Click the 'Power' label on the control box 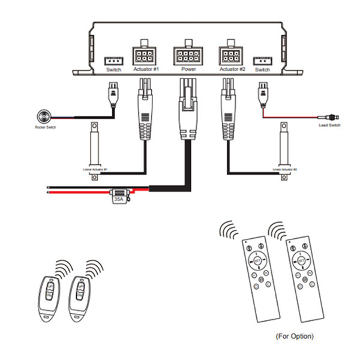189,70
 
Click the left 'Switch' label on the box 113,70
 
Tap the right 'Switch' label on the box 262,70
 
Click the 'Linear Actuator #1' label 95,170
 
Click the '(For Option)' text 295,336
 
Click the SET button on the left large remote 259,262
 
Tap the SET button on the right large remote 301,262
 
